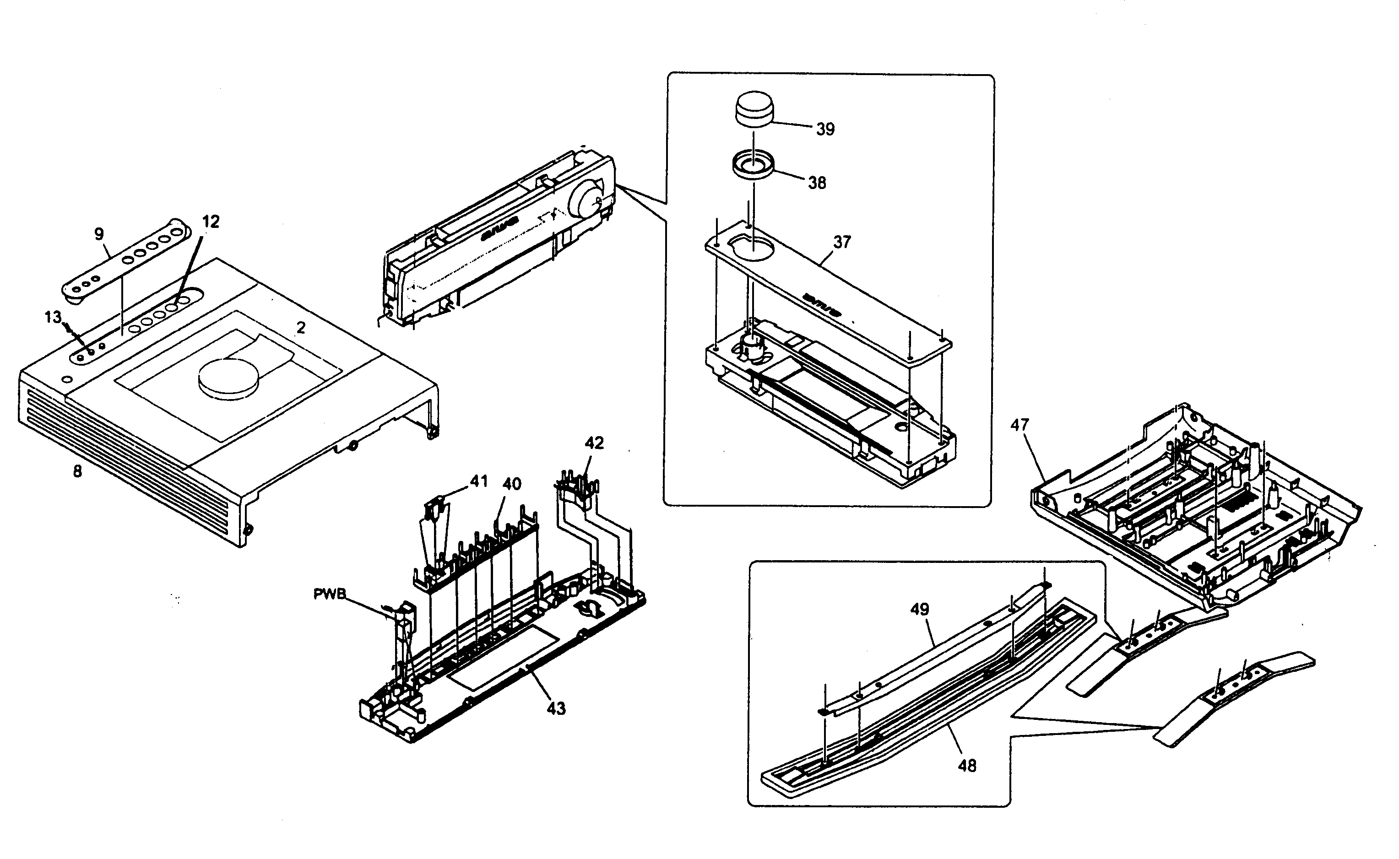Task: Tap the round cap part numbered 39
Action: pyautogui.click(x=754, y=110)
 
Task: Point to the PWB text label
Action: pyautogui.click(x=329, y=594)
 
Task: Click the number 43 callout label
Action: pyautogui.click(x=556, y=708)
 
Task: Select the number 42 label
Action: pyautogui.click(x=594, y=443)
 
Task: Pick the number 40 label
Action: pyautogui.click(x=512, y=484)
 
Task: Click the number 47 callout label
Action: pyautogui.click(x=1020, y=425)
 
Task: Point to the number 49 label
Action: pyautogui.click(x=919, y=610)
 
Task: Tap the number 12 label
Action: pyautogui.click(x=211, y=222)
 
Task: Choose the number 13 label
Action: pyautogui.click(x=53, y=317)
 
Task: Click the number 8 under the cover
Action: pyautogui.click(x=77, y=471)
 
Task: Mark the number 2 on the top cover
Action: pyautogui.click(x=301, y=328)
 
